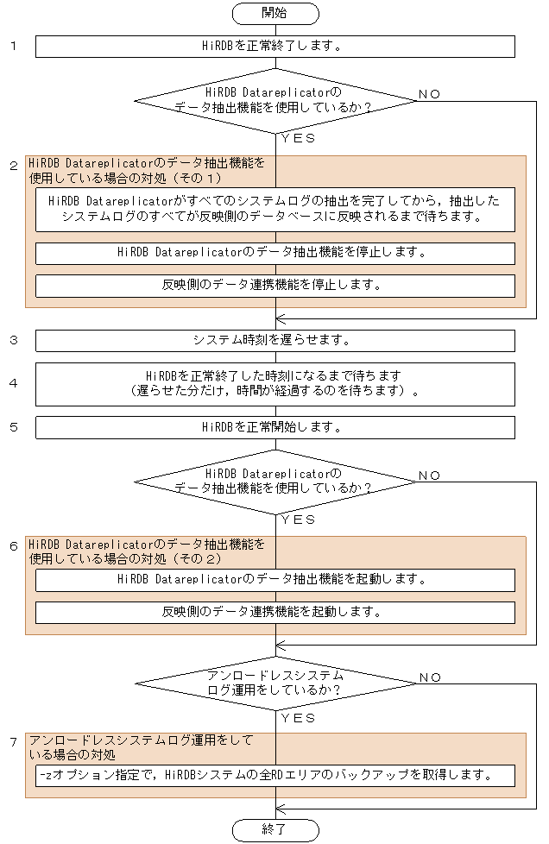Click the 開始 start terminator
[274, 13]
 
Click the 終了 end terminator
[274, 829]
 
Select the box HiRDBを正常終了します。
[274, 47]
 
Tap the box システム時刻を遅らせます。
[274, 340]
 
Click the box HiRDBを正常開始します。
[274, 427]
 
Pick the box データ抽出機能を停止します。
[274, 253]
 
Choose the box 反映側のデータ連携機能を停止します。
[274, 285]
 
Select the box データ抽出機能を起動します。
[274, 579]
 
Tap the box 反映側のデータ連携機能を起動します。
[274, 612]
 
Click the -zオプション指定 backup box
[274, 775]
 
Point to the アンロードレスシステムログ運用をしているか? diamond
[274, 683]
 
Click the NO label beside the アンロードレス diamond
[430, 677]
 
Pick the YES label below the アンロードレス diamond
[298, 718]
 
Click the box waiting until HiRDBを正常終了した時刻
[274, 383]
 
